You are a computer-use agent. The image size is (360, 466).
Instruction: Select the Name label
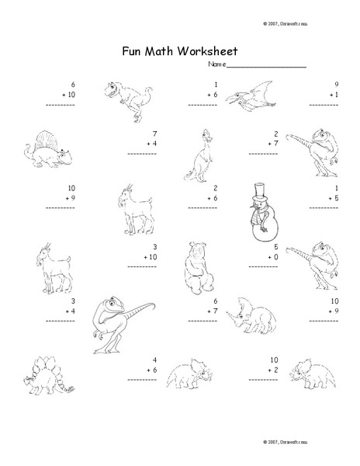(x=217, y=64)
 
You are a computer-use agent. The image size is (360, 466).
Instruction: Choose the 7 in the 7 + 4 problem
(x=155, y=134)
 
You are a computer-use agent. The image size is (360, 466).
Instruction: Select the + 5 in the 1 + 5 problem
(x=334, y=199)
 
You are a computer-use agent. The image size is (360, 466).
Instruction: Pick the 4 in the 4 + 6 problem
(x=155, y=360)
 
